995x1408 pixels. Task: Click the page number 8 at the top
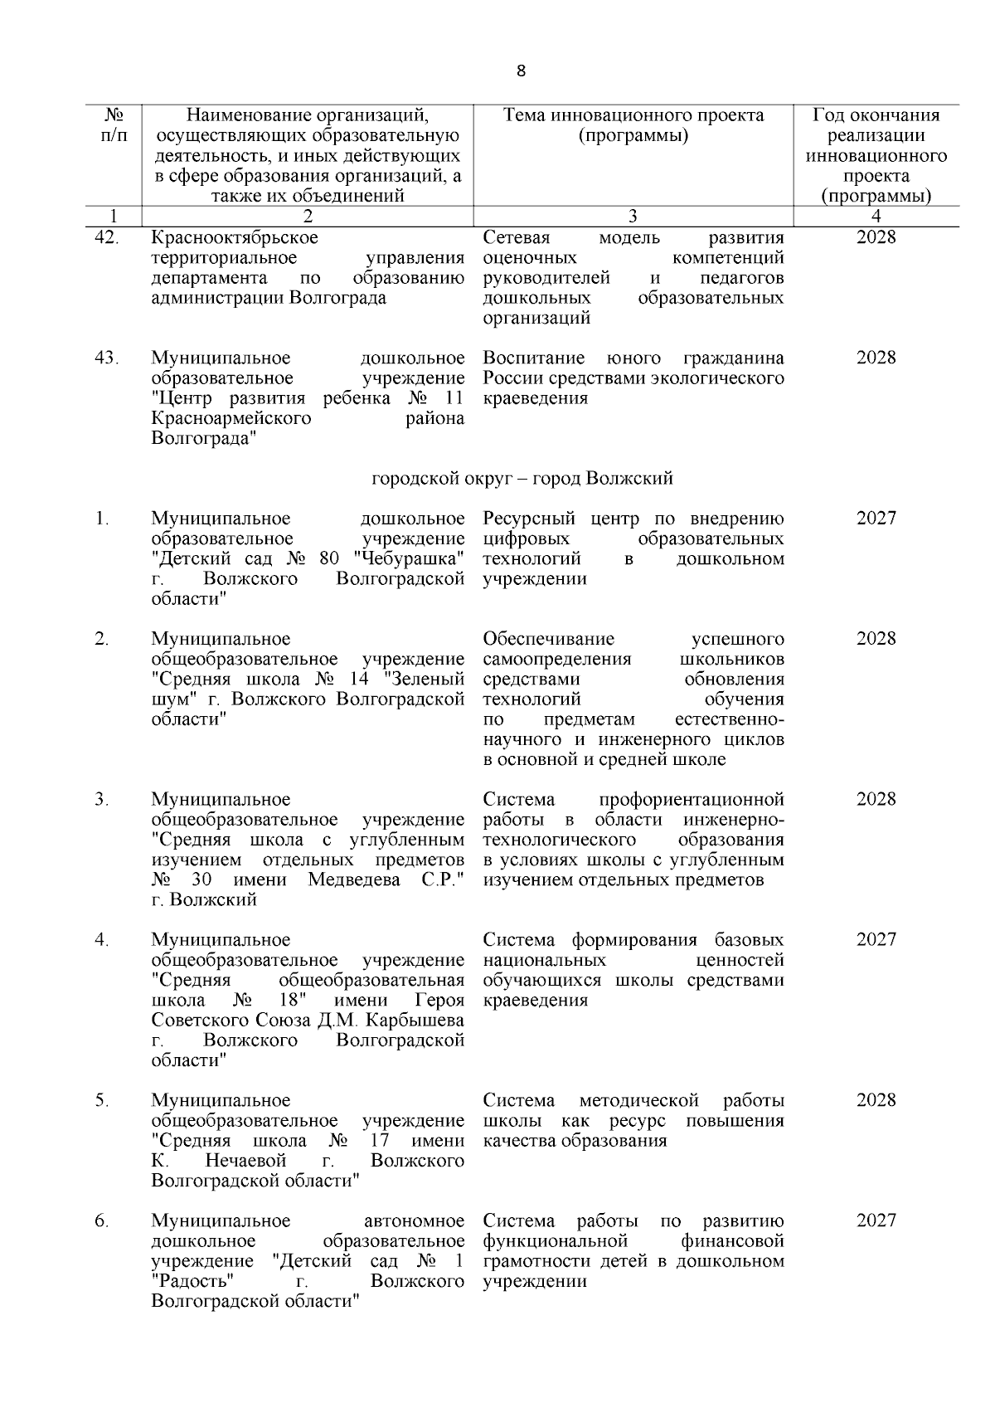pyautogui.click(x=521, y=71)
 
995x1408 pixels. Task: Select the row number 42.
pyautogui.click(x=106, y=238)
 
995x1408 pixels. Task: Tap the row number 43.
pyautogui.click(x=106, y=358)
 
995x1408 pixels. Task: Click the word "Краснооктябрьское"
pyautogui.click(x=235, y=238)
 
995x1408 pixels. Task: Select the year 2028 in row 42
pyautogui.click(x=876, y=238)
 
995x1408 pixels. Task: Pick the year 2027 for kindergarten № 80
pyautogui.click(x=876, y=519)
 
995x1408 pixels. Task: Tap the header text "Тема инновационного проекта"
pyautogui.click(x=633, y=115)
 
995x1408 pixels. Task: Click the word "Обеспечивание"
pyautogui.click(x=548, y=639)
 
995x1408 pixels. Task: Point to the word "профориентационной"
pyautogui.click(x=692, y=800)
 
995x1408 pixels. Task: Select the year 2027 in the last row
pyautogui.click(x=876, y=1220)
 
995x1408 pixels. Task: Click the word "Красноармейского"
pyautogui.click(x=231, y=418)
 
